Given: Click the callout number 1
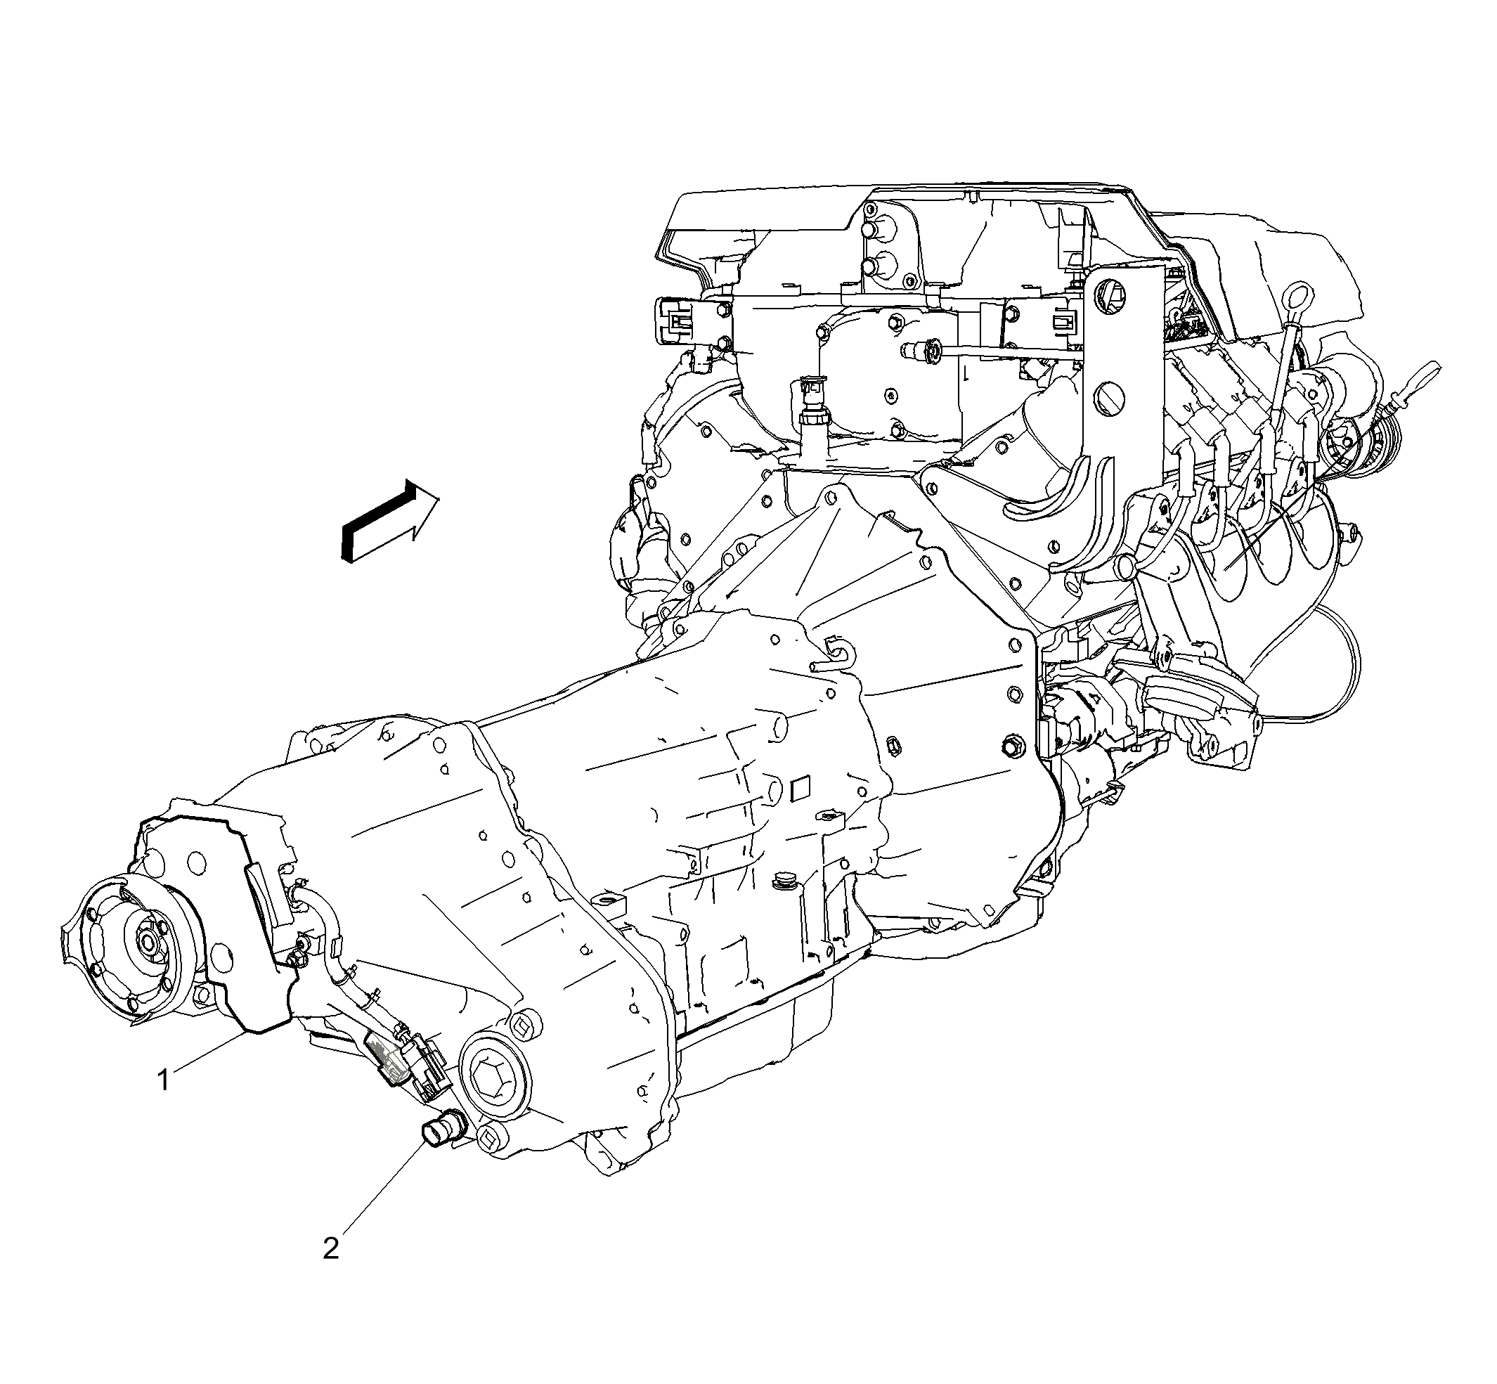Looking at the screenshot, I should pyautogui.click(x=163, y=1080).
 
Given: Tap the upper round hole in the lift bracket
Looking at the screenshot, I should pyautogui.click(x=1112, y=295).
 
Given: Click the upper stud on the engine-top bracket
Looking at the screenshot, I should pyautogui.click(x=872, y=230).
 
